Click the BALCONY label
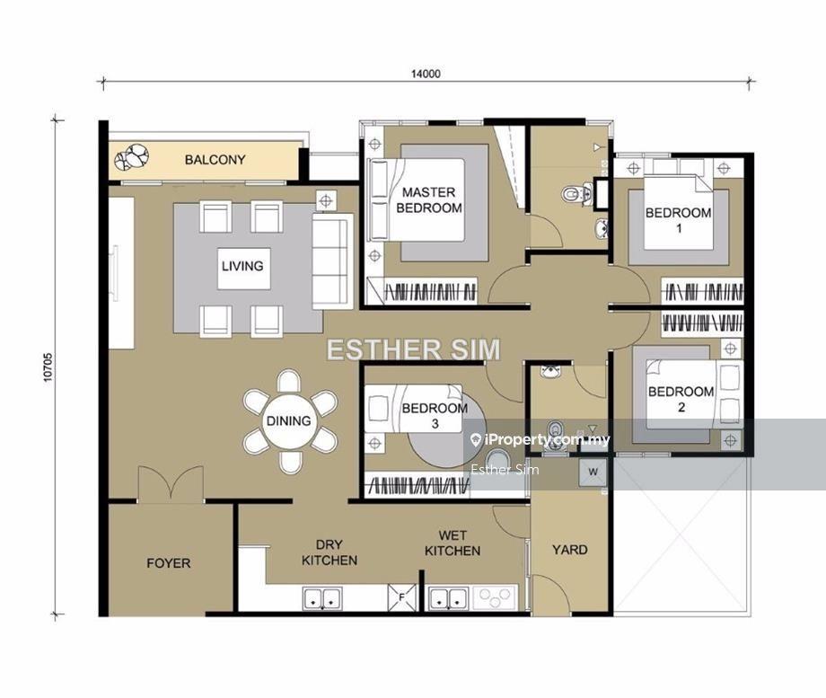click(215, 159)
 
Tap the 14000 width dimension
click(426, 74)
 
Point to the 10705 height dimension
click(48, 367)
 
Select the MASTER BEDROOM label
click(429, 199)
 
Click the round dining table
click(289, 420)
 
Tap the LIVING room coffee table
click(244, 269)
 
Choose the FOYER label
click(169, 563)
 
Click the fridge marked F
click(401, 597)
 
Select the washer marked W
click(593, 472)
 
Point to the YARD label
click(570, 550)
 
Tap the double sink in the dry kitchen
click(322, 598)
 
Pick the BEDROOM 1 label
click(679, 220)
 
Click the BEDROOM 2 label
click(681, 399)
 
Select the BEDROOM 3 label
click(435, 415)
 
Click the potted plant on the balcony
click(132, 157)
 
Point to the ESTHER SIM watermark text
click(414, 349)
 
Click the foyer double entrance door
click(171, 484)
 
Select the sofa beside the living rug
click(332, 261)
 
